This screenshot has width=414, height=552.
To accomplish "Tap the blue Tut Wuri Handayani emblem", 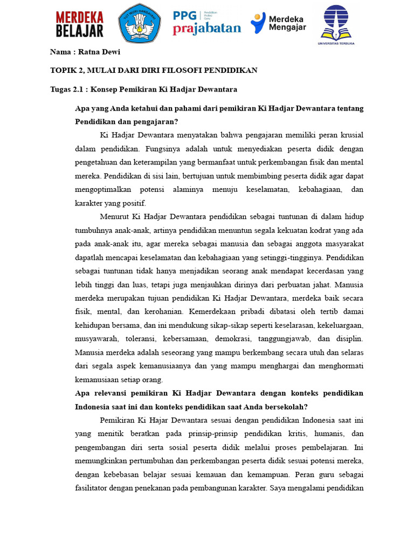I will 139,23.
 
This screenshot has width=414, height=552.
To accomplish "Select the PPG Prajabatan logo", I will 206,23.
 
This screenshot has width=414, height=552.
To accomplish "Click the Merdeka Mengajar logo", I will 278,23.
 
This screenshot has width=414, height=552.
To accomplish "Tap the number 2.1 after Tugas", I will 79,89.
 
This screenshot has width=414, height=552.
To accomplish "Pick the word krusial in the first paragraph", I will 350,134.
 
